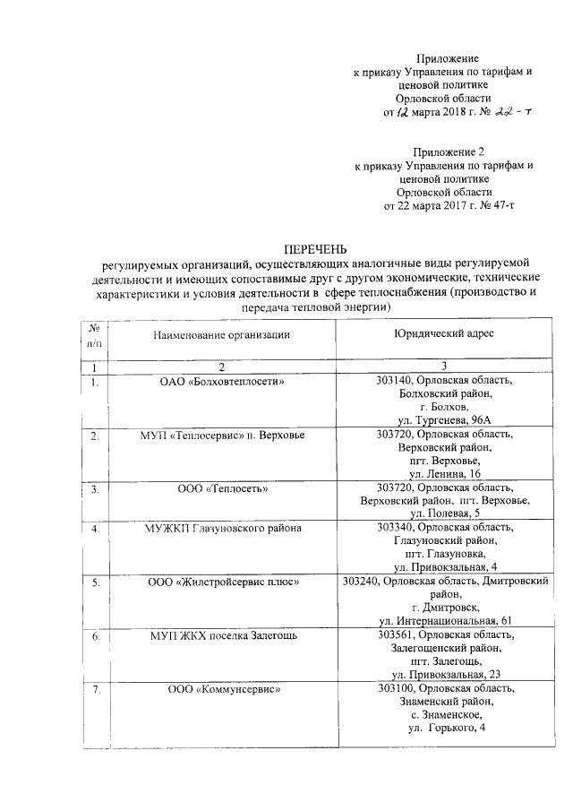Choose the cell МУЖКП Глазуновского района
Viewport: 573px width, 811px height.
tap(223, 528)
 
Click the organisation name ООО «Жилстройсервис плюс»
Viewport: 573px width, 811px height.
tap(223, 582)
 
